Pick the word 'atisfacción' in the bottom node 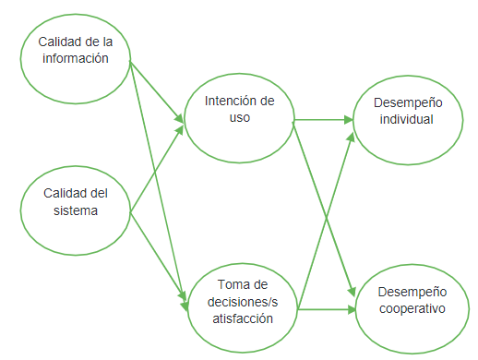coord(244,318)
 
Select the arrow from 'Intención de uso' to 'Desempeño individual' coord(323,119)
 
